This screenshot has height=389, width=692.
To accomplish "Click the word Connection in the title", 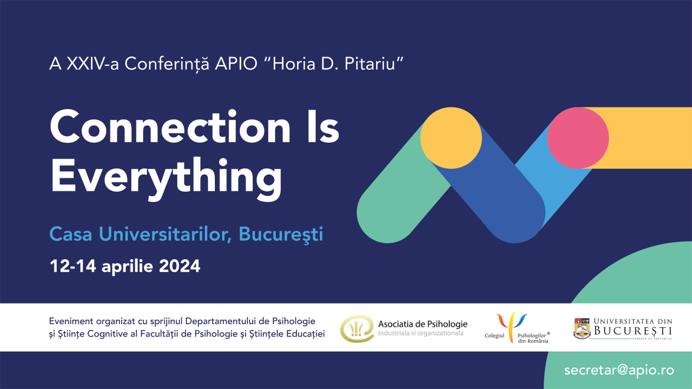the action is click(x=170, y=127).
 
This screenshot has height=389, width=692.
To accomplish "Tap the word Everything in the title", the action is click(x=166, y=180).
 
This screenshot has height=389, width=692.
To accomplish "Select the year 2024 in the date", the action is click(x=180, y=266).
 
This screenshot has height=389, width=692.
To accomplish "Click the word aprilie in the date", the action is click(x=127, y=267).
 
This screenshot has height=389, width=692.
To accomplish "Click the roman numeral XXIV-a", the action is click(x=93, y=64).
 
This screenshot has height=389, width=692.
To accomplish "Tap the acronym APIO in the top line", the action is click(x=236, y=64).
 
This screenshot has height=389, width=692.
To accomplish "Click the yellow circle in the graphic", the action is click(x=451, y=138).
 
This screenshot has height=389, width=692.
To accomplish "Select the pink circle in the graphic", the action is click(x=578, y=138).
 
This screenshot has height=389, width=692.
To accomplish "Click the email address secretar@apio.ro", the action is click(x=619, y=370).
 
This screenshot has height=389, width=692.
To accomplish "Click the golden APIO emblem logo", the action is click(x=357, y=328).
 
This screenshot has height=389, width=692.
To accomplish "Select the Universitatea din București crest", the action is click(x=581, y=328).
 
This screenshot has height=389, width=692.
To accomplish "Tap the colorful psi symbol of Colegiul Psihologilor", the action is click(x=511, y=326).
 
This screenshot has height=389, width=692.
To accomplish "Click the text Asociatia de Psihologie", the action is click(x=422, y=324).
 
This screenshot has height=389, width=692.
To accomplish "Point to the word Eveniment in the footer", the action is click(x=71, y=321).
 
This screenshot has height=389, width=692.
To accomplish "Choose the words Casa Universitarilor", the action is click(x=140, y=234).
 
